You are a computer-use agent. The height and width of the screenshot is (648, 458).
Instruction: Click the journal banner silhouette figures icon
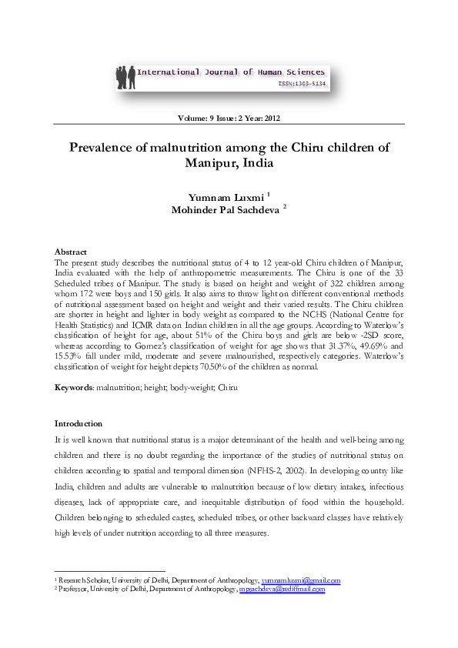point(124,75)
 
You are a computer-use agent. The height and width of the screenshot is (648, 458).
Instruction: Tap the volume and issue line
point(229,119)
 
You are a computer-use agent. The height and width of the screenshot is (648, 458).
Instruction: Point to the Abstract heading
point(70,252)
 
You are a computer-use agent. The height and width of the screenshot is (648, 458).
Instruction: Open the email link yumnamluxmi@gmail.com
point(301,581)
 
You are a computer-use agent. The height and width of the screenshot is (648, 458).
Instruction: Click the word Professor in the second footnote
point(72,589)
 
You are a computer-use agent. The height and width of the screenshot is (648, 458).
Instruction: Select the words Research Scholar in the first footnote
point(84,581)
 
